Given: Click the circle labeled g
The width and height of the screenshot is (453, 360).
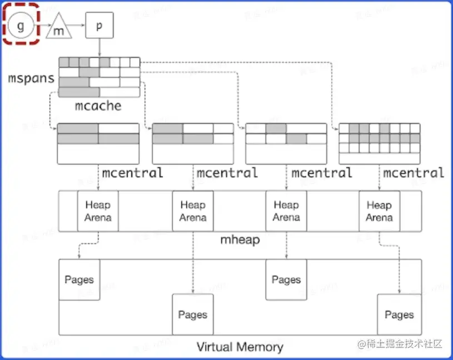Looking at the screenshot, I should coord(21,26).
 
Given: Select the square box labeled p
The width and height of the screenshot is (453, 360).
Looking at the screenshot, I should coord(99,26).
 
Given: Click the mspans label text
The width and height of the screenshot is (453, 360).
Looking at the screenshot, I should coord(31,78).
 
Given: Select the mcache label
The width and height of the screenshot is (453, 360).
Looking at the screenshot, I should coord(98,105).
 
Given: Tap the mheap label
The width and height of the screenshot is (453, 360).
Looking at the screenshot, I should coord(240,240).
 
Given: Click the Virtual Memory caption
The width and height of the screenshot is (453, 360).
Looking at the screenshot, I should coord(240,347).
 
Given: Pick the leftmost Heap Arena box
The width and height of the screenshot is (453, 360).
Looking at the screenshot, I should coord(98,211).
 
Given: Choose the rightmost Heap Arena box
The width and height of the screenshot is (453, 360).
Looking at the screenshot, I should coord(379,211).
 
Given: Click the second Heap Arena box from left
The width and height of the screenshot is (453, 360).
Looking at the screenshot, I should coord(193,211).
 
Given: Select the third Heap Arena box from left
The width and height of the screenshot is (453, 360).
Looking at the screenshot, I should coord(286,211).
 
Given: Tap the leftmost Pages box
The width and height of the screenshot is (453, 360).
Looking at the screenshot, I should coord(79,279).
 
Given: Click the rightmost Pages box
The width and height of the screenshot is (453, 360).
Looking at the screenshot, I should coord(399,314).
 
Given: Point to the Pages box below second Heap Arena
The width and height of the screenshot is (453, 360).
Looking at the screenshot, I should coord(193,314).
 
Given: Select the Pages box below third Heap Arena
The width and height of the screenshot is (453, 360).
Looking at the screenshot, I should coord(286,279).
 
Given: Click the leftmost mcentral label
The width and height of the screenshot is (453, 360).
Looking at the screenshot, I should coord(132,172).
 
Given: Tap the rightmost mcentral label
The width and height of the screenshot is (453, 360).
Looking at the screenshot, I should coord(414,172).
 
